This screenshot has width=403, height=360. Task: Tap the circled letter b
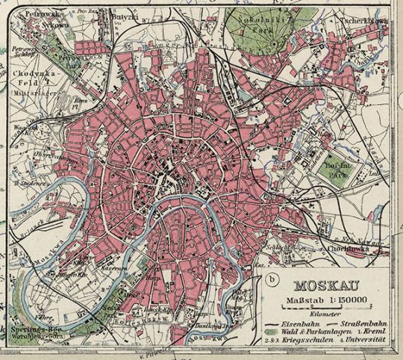pyautogui.click(x=269, y=281)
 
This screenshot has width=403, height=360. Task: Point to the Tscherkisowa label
pyautogui.click(x=363, y=22)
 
